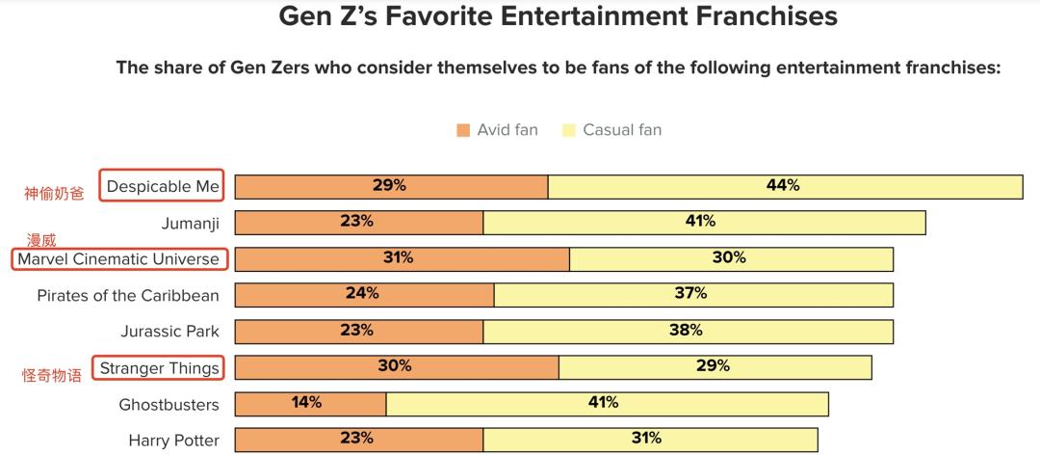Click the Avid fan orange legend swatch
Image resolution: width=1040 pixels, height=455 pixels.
(463, 130)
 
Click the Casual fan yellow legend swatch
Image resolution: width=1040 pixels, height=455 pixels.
(569, 130)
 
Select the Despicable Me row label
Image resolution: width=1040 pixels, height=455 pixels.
(163, 186)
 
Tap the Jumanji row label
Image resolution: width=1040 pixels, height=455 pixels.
(191, 223)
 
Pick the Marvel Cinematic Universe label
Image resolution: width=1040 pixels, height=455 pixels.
(118, 259)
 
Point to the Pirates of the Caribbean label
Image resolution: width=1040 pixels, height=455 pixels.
(128, 295)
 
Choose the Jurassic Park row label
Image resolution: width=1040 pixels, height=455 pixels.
(170, 331)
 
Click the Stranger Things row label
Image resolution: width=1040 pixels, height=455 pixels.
(160, 367)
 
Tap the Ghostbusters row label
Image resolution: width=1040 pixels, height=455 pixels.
(169, 404)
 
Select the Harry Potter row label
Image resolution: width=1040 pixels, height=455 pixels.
(174, 441)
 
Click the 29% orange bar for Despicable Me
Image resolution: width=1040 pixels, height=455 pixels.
(391, 186)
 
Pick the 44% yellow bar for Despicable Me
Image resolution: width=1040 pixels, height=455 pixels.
(785, 186)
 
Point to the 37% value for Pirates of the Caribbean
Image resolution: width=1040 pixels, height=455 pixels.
(690, 294)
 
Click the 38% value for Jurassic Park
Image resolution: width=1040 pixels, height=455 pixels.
(686, 331)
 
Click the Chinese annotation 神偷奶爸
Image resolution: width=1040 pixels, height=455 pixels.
(54, 193)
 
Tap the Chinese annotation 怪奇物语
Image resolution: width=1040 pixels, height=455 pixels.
(53, 376)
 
